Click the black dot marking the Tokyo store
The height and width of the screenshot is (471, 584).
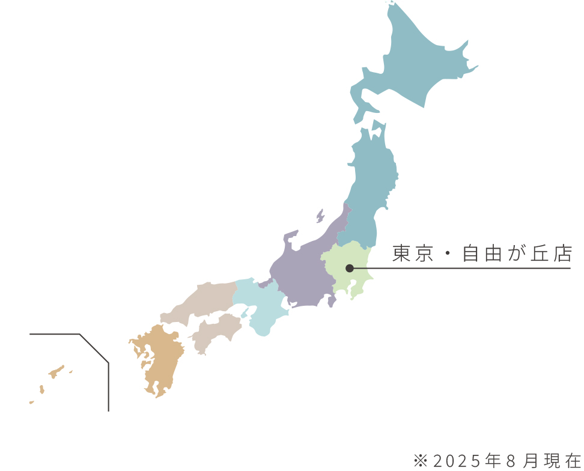[x=350, y=268]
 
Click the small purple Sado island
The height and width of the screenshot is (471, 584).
[x=320, y=216]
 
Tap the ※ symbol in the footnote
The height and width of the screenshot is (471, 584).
[x=420, y=461]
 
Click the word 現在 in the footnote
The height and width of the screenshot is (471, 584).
[x=562, y=461]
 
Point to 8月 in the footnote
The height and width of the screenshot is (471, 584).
[x=520, y=461]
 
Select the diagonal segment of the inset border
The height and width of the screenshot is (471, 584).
[x=94, y=348]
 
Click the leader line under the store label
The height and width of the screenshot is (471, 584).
[x=469, y=268]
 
